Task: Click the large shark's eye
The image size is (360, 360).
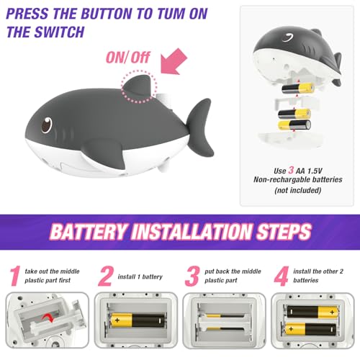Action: pos(47,125)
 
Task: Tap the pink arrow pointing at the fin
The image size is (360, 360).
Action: pos(174,61)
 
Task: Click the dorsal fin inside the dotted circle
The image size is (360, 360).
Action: pos(138,86)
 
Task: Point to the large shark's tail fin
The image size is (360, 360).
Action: pos(200,127)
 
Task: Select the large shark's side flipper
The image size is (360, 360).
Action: pos(104,154)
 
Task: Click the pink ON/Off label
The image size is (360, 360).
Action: pos(128,58)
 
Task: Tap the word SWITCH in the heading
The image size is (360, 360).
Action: pos(59,32)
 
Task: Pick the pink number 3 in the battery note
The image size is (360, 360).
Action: pos(291,170)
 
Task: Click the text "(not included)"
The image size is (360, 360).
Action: pos(298,190)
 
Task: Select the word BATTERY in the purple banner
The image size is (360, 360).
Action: pos(88,231)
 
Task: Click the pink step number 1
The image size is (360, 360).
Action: pos(15,276)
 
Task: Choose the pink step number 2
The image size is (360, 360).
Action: pos(106,276)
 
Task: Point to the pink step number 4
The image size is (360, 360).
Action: pos(281,276)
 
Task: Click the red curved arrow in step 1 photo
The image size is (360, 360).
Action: pos(48,318)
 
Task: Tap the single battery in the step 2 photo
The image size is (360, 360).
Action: pos(138,320)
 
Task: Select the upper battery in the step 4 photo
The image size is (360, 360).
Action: pos(312,312)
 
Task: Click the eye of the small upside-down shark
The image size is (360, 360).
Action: pos(288,37)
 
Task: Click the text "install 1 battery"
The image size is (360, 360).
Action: pos(140,276)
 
